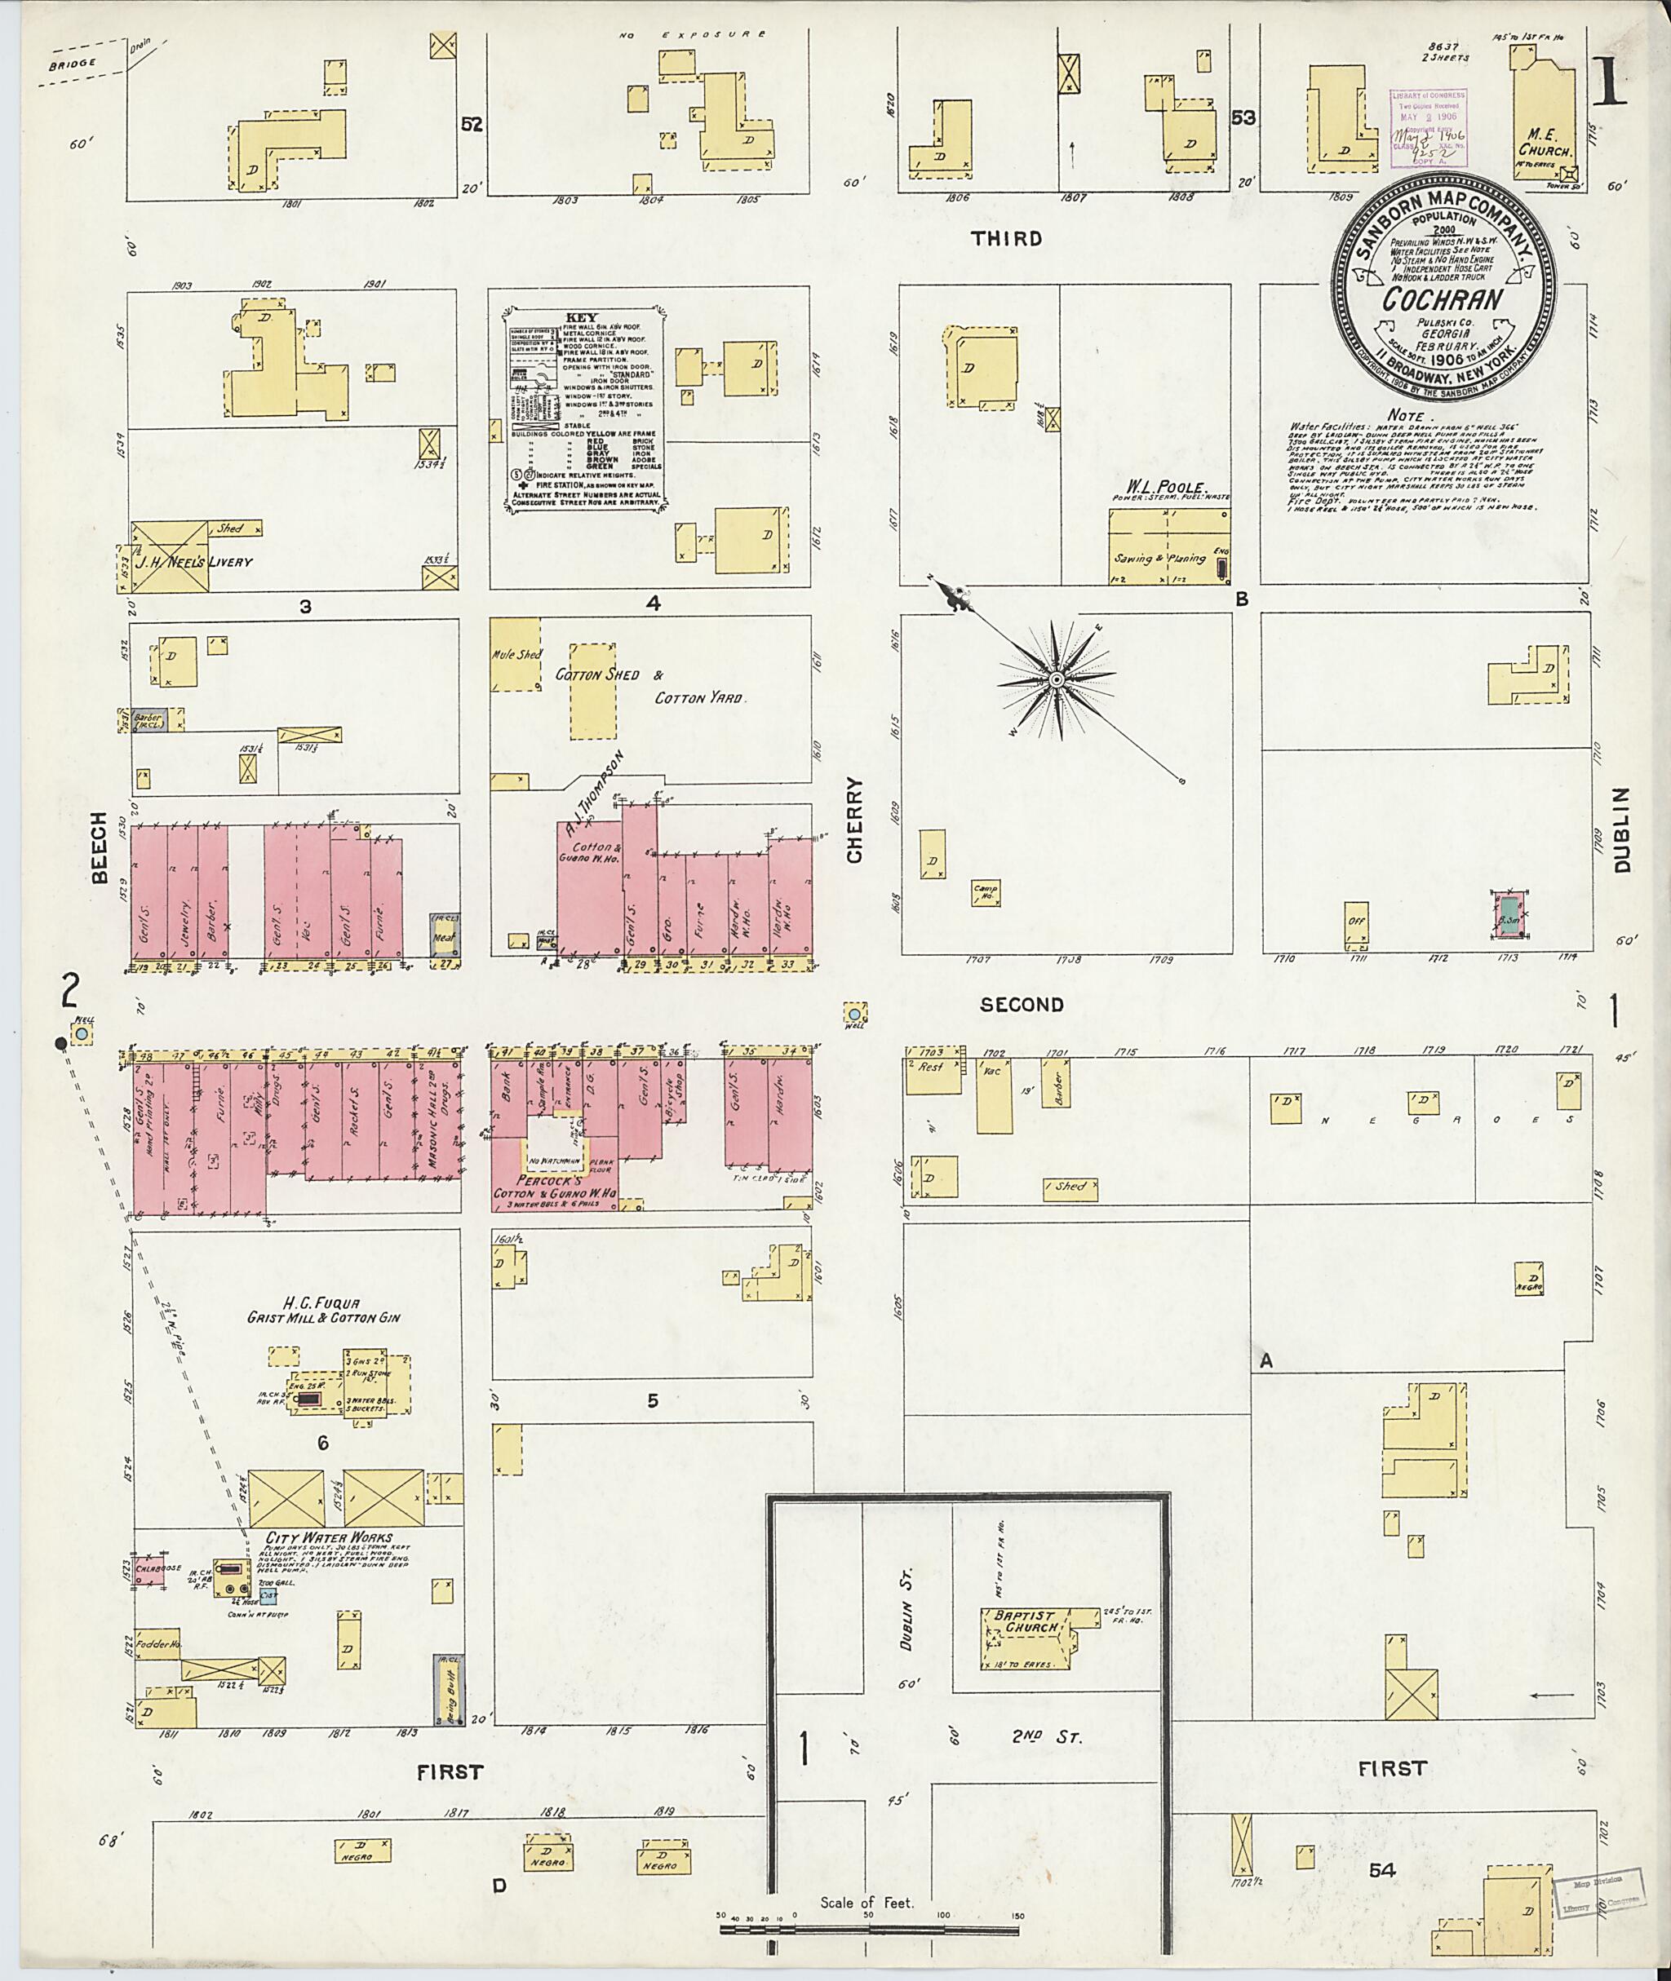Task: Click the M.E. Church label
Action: [x=1545, y=143]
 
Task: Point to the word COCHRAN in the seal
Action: [x=1442, y=300]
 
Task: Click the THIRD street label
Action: [x=1006, y=239]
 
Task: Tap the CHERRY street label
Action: [x=855, y=820]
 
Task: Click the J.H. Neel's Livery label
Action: [x=206, y=562]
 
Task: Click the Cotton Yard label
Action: [x=701, y=698]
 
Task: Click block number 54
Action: [x=1382, y=1870]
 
